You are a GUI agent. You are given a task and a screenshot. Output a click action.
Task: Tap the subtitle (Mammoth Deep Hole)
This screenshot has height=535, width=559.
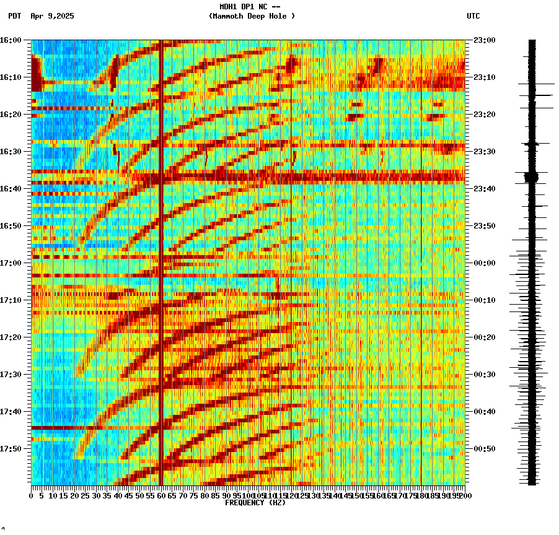(x=252, y=16)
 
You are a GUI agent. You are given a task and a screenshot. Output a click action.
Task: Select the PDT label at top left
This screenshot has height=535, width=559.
(x=15, y=16)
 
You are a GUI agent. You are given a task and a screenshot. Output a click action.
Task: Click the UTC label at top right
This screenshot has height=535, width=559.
(x=473, y=16)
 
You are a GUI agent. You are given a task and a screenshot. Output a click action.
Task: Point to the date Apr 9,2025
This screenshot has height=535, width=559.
(x=52, y=16)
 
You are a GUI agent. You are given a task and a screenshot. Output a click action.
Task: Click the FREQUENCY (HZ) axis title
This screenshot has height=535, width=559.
(x=255, y=503)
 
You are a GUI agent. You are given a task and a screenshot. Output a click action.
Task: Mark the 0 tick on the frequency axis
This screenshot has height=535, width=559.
(x=32, y=495)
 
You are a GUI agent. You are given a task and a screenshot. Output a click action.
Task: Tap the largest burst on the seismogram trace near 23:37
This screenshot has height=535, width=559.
(x=531, y=177)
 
